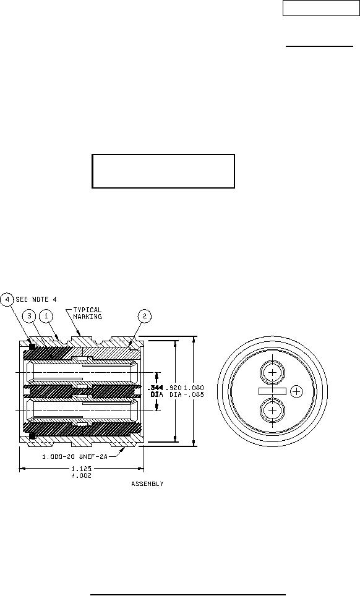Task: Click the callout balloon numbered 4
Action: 7,299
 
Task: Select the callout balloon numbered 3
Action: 29,316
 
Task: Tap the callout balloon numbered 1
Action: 46,316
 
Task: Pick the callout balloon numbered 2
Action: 145,316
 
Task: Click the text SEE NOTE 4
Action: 36,299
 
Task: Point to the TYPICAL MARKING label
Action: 87,313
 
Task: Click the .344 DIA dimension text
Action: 155,391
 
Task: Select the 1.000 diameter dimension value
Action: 194,388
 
